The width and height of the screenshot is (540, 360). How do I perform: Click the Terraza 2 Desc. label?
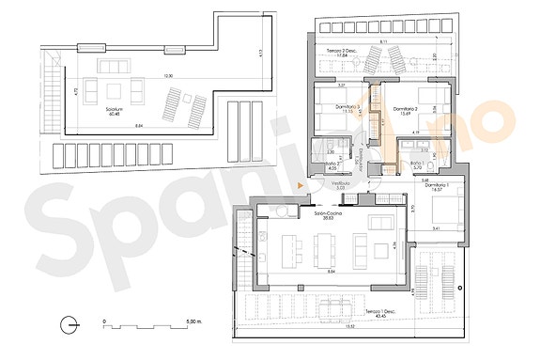[327, 51]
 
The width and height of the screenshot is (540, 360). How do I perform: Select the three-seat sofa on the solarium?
[119, 67]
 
